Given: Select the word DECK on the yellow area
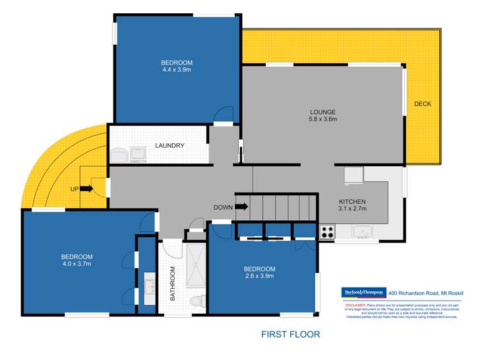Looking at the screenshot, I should coord(422,104).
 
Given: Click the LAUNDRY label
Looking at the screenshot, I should coord(170,146).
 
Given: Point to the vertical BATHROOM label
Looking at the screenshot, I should coord(173,284).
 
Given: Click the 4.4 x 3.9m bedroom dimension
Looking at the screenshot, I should coord(177,71).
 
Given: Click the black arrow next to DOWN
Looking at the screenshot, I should coord(241,207).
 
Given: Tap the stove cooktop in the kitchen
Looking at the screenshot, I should coord(327,231).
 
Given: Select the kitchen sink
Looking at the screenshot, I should coord(363,231).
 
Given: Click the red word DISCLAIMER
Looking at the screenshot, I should coord(357,306).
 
